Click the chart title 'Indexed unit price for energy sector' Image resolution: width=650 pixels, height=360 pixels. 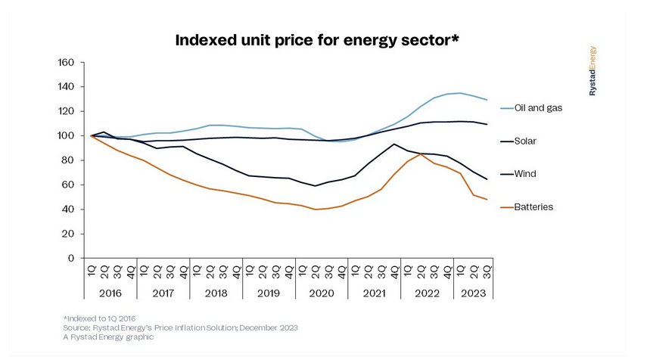click(317, 39)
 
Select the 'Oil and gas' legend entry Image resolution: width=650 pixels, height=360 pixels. click(537, 107)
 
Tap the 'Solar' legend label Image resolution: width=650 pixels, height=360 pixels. click(526, 141)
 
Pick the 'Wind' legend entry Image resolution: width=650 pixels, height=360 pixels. click(525, 174)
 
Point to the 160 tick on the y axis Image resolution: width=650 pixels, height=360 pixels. click(66, 62)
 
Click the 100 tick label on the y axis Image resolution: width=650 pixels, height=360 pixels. click(66, 136)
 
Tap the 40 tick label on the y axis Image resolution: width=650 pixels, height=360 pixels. click(68, 209)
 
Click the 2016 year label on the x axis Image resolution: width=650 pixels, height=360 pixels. click(110, 293)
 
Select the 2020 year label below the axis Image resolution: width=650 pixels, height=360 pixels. click(322, 293)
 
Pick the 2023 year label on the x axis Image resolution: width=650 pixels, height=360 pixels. click(472, 293)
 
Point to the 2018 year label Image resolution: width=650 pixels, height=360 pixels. click(216, 293)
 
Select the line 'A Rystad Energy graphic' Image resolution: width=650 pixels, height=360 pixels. click(108, 337)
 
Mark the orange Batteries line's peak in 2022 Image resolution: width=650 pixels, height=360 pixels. click(421, 154)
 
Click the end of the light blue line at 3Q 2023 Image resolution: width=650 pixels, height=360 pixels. click(487, 100)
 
